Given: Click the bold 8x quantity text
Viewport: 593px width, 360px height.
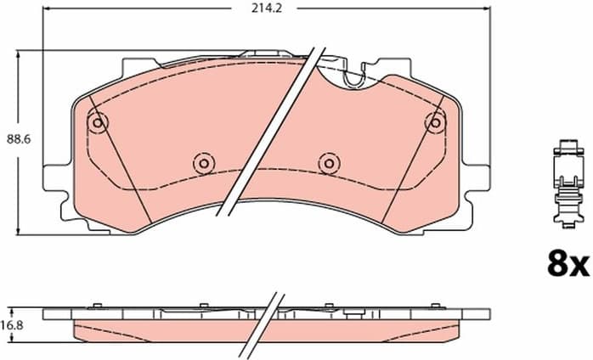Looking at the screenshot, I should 567,265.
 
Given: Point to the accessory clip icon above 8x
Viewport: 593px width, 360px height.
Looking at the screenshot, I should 564,183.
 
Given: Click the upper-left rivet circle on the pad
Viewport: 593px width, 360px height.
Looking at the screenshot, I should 99,123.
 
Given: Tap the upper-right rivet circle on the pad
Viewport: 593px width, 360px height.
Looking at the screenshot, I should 435,123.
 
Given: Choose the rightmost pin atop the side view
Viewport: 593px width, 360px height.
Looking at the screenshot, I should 436,306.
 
